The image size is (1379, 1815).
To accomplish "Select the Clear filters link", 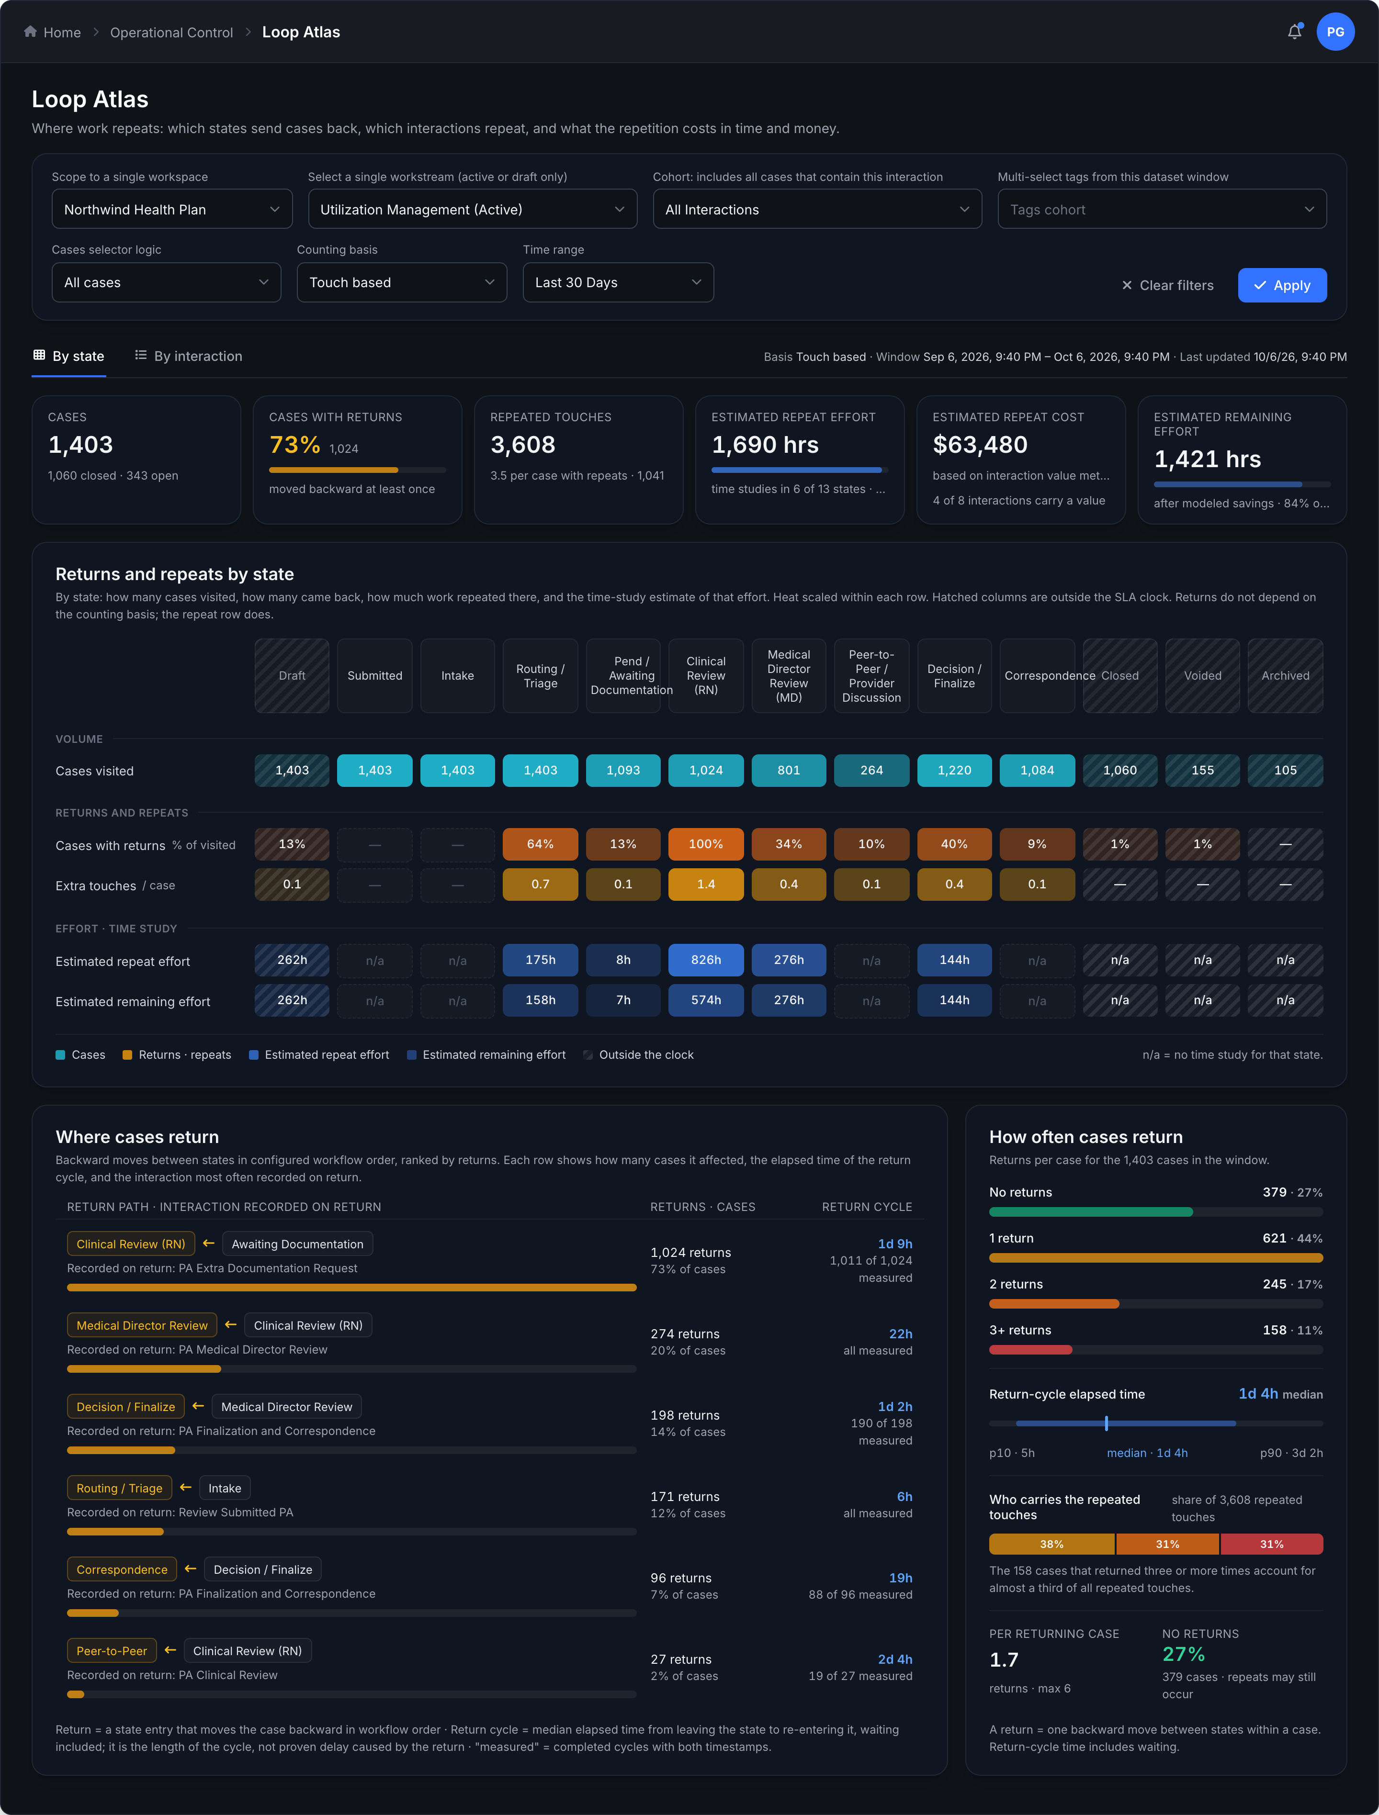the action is pos(1167,286).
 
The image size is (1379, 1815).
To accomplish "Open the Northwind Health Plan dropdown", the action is pos(171,209).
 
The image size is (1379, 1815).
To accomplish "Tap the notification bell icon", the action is pos(1294,32).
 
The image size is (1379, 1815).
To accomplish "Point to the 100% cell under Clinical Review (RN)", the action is pos(706,844).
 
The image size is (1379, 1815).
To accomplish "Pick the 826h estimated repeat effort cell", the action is pos(706,960).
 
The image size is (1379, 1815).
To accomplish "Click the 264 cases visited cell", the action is pos(872,771).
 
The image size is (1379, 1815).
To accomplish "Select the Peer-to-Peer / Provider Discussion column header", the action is pos(872,676).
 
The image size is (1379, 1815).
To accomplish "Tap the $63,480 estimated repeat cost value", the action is pos(980,445).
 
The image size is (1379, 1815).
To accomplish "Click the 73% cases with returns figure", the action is pos(294,445).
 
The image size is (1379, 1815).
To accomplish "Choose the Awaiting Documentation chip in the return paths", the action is pos(297,1244).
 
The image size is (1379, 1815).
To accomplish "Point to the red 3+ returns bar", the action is pos(1030,1350).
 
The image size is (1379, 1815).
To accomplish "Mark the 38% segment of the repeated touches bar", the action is pos(1051,1544).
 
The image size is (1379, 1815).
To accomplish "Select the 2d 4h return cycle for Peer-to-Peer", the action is pos(895,1659).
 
